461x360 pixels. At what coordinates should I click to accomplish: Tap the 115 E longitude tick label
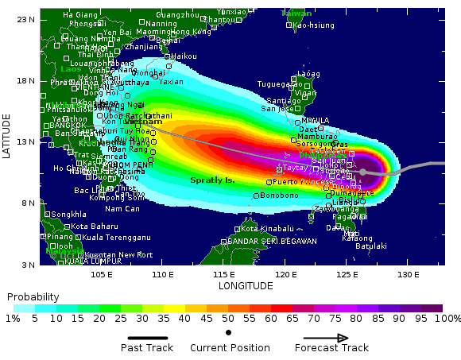point(224,275)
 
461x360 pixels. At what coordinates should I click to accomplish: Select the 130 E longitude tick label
point(408,275)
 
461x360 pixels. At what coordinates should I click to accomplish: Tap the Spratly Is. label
point(212,180)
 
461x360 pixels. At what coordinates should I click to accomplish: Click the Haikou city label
point(184,56)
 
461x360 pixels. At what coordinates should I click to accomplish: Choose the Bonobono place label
point(280,195)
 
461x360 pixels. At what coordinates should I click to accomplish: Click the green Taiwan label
point(296,14)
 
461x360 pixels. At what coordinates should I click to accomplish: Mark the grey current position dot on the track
point(362,172)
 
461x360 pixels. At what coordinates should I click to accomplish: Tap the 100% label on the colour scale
point(447,318)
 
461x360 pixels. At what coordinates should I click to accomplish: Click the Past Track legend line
point(147,337)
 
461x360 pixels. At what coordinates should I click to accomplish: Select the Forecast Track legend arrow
point(331,337)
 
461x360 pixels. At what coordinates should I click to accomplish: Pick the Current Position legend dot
point(229,332)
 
